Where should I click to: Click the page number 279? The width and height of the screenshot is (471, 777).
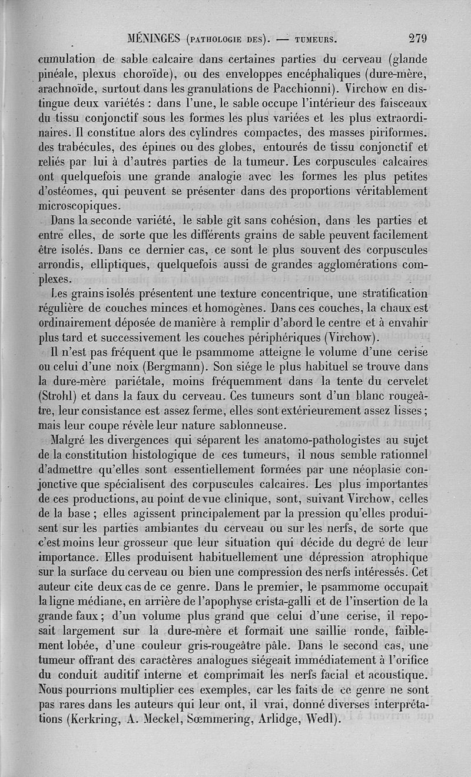(x=417, y=39)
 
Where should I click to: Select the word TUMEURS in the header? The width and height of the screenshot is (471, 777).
(x=312, y=41)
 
